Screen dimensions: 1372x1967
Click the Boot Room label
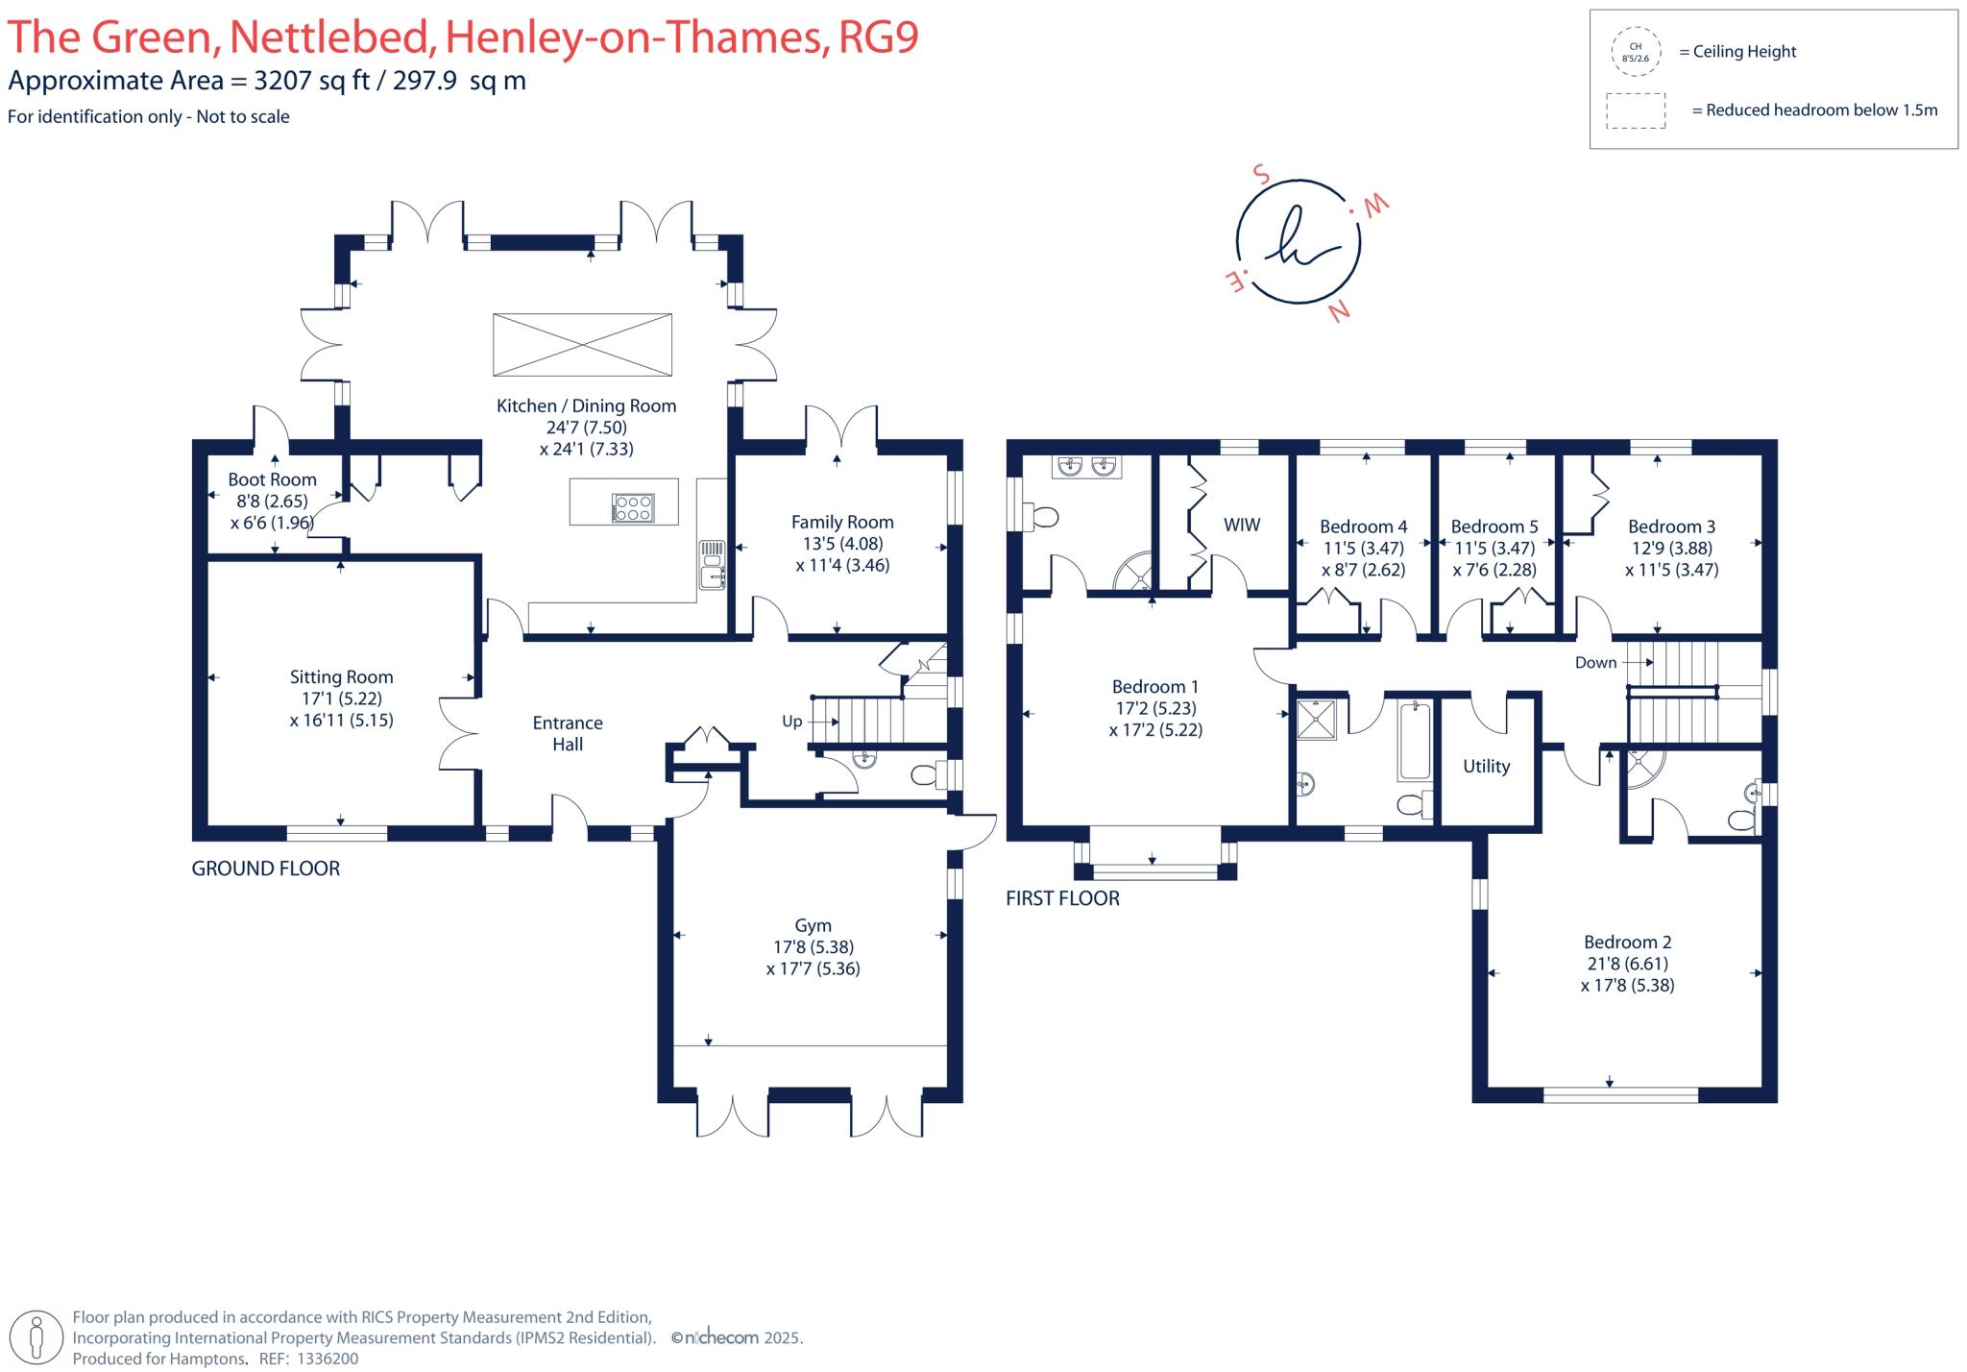[272, 479]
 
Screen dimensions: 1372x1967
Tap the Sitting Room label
[341, 677]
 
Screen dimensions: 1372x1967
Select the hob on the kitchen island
[633, 507]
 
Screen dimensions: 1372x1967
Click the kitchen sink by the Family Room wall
[712, 565]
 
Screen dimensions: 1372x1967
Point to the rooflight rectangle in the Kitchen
[582, 344]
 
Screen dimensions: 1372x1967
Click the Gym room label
[813, 926]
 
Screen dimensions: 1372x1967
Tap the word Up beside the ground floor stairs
[791, 722]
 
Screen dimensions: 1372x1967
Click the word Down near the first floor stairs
[1595, 663]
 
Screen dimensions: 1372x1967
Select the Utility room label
[1486, 767]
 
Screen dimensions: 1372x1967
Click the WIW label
[1242, 526]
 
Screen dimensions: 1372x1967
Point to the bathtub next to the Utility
[1415, 741]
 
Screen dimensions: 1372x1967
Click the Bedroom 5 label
[1494, 527]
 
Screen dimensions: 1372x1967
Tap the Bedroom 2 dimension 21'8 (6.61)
[1626, 964]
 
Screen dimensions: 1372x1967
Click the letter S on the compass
[1261, 176]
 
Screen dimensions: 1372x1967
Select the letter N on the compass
[1339, 311]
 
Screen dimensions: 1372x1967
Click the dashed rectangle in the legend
[1636, 110]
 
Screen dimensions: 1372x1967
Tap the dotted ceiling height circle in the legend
[1635, 52]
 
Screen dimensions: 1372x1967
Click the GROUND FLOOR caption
[266, 869]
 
